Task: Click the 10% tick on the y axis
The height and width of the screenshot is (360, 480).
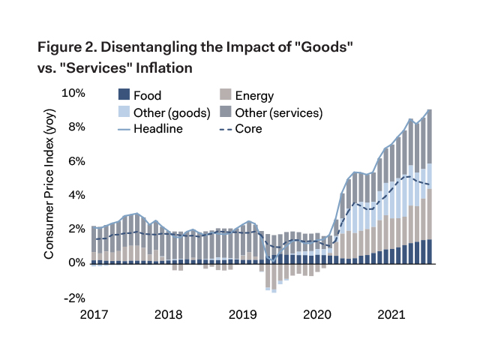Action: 73,94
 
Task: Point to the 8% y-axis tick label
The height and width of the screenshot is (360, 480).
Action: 76,127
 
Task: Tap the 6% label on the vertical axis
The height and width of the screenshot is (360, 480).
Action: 76,162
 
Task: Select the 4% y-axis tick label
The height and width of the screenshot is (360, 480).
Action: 76,196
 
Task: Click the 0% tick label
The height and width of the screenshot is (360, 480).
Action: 76,263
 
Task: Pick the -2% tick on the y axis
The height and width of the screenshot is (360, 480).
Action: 74,297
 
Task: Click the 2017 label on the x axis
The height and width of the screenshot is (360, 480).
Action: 96,313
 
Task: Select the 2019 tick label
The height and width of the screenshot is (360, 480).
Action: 241,313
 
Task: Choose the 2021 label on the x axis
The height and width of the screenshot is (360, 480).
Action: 389,313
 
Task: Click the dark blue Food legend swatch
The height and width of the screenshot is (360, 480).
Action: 124,96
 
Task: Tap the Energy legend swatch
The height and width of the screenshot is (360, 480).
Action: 223,96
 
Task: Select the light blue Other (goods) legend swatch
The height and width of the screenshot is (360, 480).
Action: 124,112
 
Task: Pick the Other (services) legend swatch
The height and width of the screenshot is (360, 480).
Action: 223,112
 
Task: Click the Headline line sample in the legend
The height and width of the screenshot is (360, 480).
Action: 124,129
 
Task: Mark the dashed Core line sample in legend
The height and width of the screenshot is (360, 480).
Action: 223,129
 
